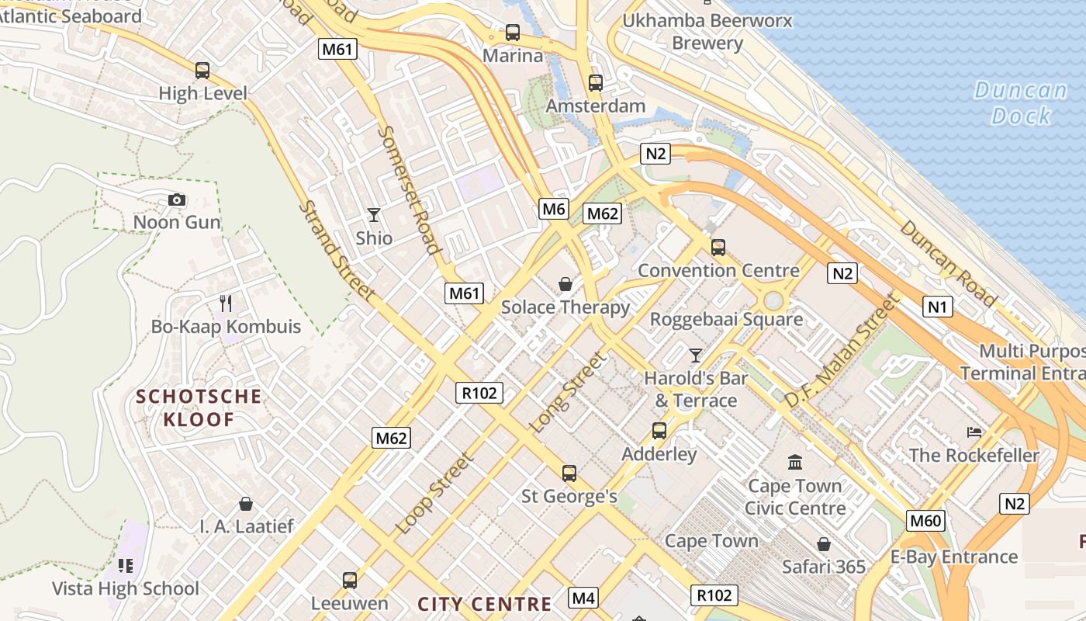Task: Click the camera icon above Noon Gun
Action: click(x=177, y=200)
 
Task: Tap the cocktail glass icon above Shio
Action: click(x=374, y=215)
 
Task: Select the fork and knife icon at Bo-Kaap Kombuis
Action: click(x=226, y=303)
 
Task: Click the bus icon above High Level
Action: click(x=202, y=71)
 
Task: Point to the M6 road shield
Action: click(x=554, y=208)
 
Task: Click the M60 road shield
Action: click(x=925, y=520)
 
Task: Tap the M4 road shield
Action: click(x=583, y=598)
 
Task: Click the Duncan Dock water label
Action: click(x=1021, y=103)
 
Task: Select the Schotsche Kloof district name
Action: click(x=199, y=408)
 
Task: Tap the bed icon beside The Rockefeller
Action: click(x=974, y=432)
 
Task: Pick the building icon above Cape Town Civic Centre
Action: click(x=795, y=463)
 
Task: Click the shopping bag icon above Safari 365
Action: click(x=823, y=544)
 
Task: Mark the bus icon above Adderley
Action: click(x=659, y=430)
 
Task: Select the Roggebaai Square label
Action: click(x=726, y=319)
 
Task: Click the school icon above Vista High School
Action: click(x=126, y=565)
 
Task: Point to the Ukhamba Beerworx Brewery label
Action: click(x=707, y=31)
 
